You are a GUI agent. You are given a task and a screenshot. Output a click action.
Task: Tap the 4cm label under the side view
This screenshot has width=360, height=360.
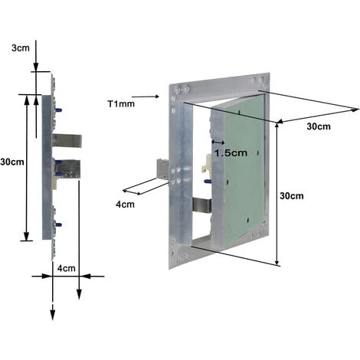[x=66, y=268]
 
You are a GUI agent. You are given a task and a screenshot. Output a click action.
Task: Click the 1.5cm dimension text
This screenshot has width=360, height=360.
[x=231, y=152]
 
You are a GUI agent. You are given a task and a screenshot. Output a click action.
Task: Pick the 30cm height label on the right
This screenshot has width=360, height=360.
[x=291, y=195]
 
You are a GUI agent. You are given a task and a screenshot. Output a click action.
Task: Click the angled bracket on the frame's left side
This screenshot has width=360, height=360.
[x=163, y=169]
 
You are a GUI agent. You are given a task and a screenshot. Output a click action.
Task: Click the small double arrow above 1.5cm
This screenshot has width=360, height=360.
[x=218, y=142]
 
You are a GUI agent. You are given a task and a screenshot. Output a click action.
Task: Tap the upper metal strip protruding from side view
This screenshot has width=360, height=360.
[x=67, y=141]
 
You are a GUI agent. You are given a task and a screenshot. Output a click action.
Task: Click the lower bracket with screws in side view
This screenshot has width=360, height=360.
[x=67, y=170]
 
